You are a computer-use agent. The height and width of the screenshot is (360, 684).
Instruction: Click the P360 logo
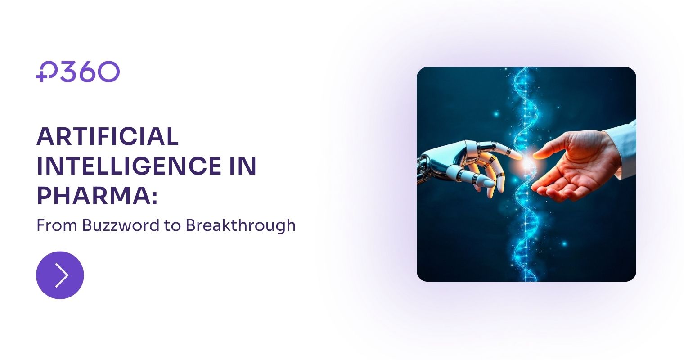pyautogui.click(x=78, y=72)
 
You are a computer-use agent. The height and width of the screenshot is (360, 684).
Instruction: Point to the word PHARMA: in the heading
pyautogui.click(x=97, y=196)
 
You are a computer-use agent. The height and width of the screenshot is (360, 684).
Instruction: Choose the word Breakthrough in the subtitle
pyautogui.click(x=240, y=225)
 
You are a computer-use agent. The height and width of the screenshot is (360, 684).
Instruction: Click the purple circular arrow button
pyautogui.click(x=60, y=275)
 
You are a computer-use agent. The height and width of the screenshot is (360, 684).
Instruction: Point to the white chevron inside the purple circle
pyautogui.click(x=62, y=275)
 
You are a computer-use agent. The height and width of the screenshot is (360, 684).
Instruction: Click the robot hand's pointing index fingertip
pyautogui.click(x=518, y=155)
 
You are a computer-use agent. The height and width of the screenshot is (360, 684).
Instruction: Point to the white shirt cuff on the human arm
pyautogui.click(x=625, y=144)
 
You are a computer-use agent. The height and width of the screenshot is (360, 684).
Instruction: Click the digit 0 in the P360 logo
pyautogui.click(x=108, y=72)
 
